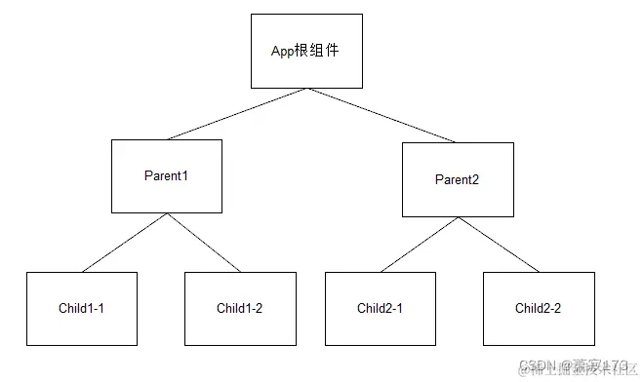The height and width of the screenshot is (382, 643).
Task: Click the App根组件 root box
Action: coord(306,51)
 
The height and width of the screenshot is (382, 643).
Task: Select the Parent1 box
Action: coord(166,176)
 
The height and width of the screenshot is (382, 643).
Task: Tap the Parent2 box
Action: coord(458,179)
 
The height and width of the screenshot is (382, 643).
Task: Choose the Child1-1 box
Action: coord(81,309)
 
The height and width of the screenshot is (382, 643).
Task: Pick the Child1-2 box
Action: coord(240,309)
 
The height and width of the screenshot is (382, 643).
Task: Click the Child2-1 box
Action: coord(381,309)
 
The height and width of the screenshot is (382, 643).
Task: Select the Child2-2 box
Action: coord(539,309)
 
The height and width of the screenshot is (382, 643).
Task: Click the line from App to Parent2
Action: coord(382,115)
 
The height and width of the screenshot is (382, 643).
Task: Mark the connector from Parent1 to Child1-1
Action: coord(124,243)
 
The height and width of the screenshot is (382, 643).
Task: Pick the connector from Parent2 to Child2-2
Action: coord(498,245)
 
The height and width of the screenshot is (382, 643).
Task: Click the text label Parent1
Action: coord(166,176)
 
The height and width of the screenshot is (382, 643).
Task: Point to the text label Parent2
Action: coord(458,180)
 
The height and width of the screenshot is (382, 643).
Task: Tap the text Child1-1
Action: coord(81,309)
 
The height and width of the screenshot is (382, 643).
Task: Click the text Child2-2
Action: coord(539,309)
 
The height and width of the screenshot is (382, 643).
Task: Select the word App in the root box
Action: coord(283,51)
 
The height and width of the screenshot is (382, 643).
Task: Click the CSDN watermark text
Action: coord(537,366)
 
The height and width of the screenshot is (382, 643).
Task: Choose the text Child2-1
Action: coord(381,309)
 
